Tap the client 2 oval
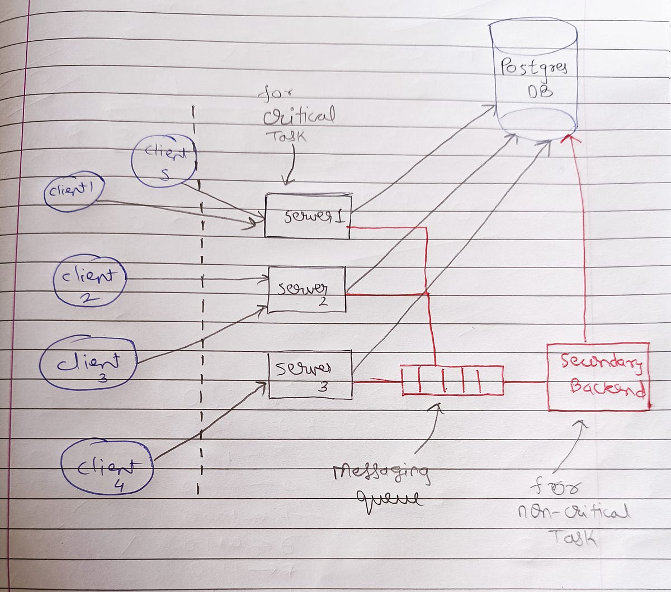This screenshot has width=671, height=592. point(89,281)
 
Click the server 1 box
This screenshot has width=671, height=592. point(308,216)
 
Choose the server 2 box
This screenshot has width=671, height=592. point(306,289)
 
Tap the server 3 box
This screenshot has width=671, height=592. point(310,374)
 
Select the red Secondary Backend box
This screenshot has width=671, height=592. point(597,377)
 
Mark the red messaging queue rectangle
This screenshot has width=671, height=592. point(452,380)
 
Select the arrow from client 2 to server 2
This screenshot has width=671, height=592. point(196,279)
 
